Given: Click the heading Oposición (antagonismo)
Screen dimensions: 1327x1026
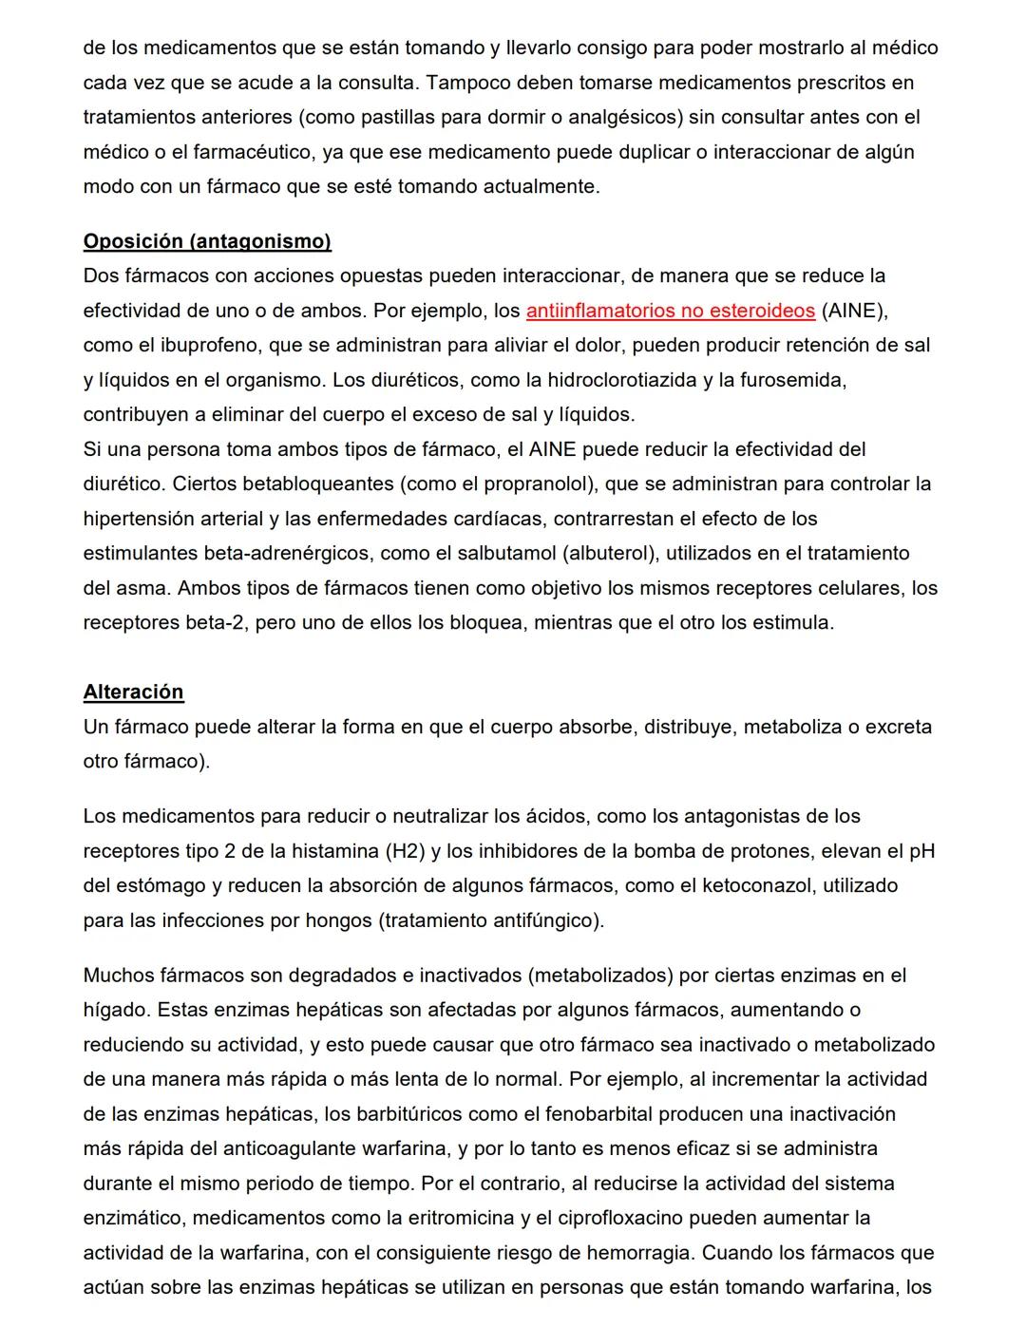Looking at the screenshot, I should coord(207,241).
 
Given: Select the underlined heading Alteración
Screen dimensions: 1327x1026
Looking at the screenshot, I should coord(133,692).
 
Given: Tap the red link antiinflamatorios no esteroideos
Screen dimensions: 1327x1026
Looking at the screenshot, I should coord(670,311).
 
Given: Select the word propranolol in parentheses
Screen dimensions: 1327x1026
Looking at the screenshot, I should coord(538,483).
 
